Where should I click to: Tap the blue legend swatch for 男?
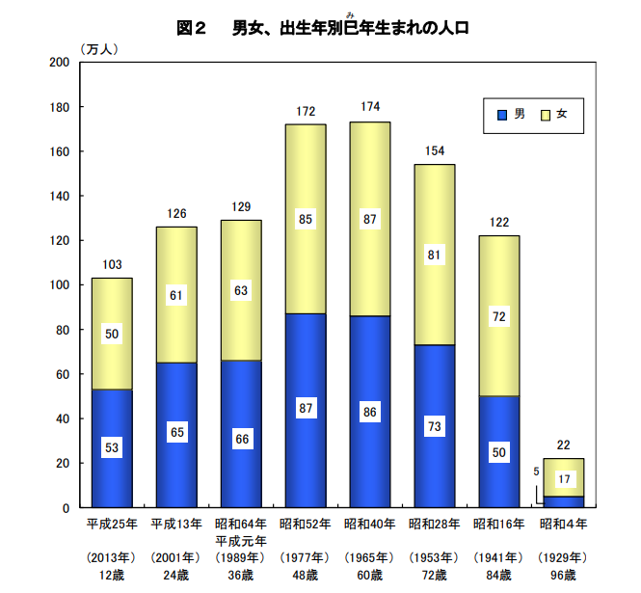[x=501, y=115]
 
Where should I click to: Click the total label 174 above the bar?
[x=369, y=107]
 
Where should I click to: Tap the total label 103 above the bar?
[x=111, y=264]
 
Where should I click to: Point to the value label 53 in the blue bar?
[x=111, y=449]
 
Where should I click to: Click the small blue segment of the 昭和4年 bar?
[x=563, y=501]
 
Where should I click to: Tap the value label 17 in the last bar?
[x=563, y=478]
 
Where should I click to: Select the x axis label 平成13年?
[x=175, y=524]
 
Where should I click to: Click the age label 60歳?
[x=369, y=576]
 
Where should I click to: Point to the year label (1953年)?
[x=434, y=558]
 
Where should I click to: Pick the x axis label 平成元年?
[x=240, y=540]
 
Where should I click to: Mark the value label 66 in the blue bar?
[x=240, y=439]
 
